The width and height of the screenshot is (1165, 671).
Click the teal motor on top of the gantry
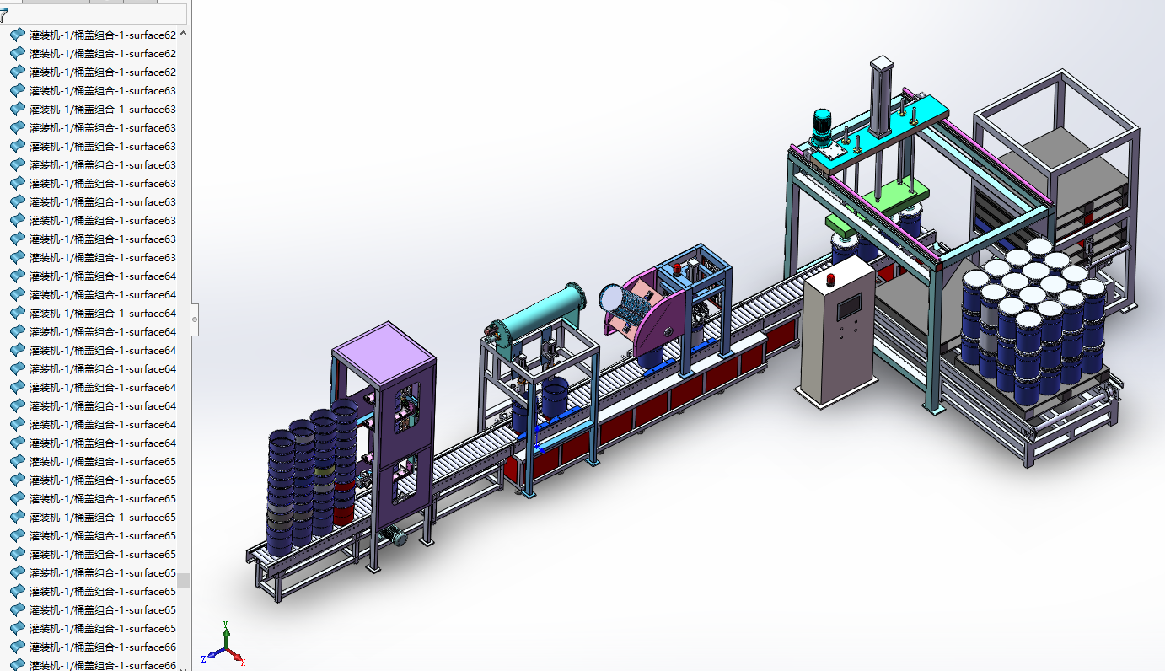[x=822, y=126]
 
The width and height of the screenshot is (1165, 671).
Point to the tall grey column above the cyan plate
[x=881, y=96]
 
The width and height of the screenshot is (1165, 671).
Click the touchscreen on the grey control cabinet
[x=849, y=307]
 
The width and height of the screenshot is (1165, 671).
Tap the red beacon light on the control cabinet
[x=830, y=280]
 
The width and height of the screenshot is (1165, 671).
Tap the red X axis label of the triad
[x=243, y=663]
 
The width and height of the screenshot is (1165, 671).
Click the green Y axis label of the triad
[x=225, y=623]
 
